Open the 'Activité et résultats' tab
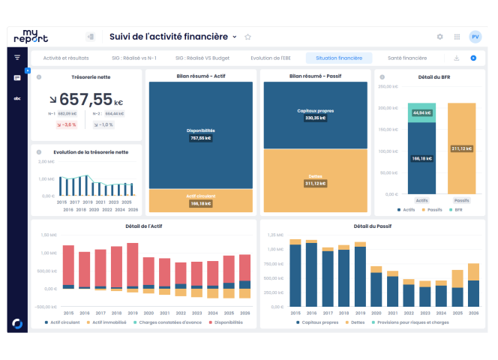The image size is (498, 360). pos(66,58)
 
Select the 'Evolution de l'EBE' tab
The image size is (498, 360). pos(271,58)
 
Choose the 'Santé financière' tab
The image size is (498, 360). pos(407,58)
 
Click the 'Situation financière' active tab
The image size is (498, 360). pos(339,58)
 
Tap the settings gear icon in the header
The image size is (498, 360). pos(439,37)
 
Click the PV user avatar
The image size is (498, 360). pos(475,37)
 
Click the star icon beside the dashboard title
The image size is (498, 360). pos(248,37)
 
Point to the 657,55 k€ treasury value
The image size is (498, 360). pos(85,99)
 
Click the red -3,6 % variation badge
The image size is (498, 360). pos(67,124)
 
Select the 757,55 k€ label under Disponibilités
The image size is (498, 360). pos(200,138)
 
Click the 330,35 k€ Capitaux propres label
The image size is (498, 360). pos(315,118)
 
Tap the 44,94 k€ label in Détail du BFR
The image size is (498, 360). pos(421,112)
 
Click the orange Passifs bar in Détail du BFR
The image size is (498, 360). pos(461,148)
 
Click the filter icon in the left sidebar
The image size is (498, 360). pos(17,58)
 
